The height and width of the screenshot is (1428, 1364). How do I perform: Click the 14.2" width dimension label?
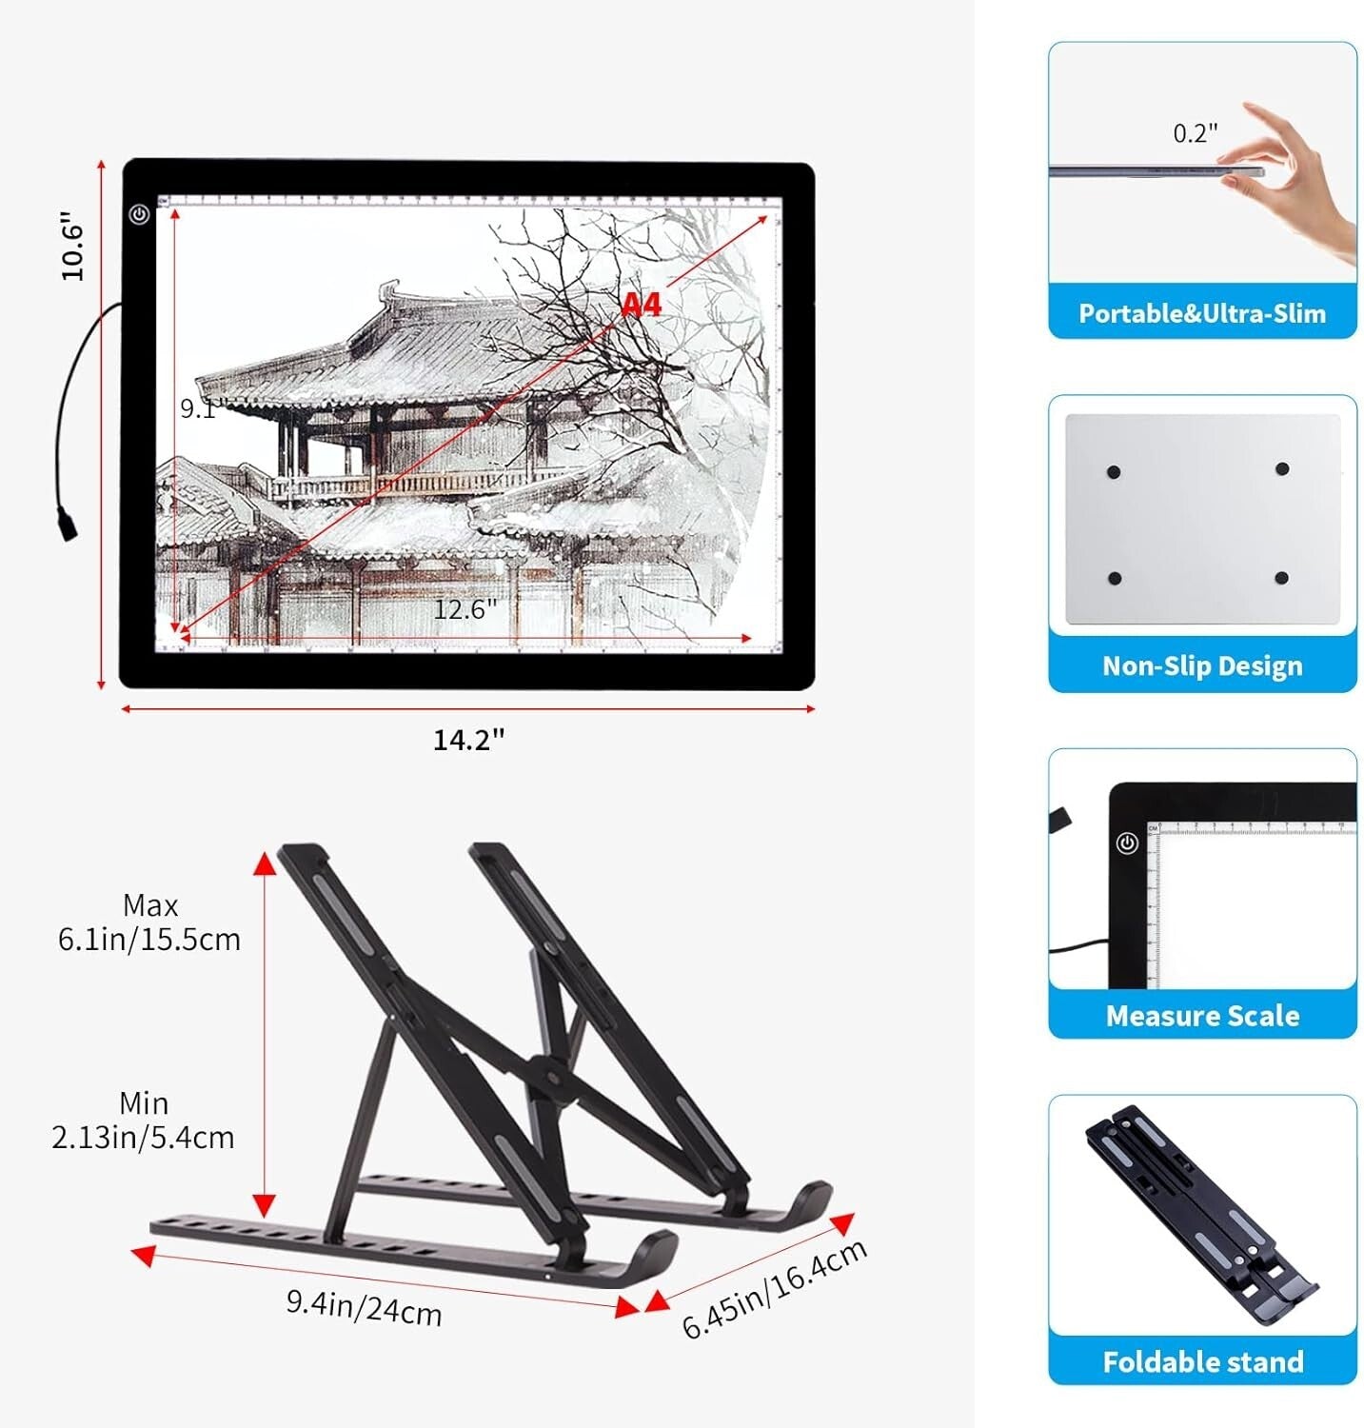(468, 740)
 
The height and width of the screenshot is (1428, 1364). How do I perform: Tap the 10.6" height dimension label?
(73, 246)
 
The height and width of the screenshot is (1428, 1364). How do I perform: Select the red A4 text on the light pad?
(641, 305)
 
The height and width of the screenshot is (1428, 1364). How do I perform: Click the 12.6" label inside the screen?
(465, 609)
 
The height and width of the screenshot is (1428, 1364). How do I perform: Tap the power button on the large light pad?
(140, 214)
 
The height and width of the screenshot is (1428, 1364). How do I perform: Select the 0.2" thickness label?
(1195, 133)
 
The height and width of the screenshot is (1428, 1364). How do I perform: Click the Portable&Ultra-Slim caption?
(1201, 313)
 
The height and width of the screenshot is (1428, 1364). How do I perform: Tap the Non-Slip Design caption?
(1201, 665)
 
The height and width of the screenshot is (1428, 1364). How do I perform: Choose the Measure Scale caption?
(1201, 1016)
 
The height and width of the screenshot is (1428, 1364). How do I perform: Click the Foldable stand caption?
(1201, 1361)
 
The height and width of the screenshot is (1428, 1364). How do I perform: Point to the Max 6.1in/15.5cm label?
(149, 922)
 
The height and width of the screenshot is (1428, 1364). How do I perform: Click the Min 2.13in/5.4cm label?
(143, 1121)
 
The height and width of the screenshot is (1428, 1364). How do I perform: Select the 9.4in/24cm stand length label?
(364, 1306)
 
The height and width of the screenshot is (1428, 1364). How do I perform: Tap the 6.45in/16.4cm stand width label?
(774, 1288)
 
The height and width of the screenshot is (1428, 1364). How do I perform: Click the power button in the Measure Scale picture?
(1127, 843)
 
